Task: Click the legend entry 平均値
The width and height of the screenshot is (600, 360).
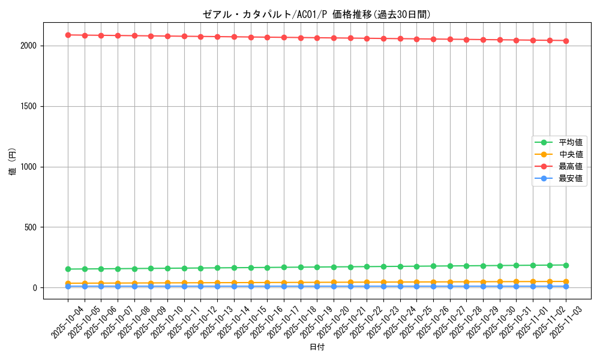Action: [x=571, y=142]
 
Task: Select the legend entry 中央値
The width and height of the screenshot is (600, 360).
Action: [x=571, y=154]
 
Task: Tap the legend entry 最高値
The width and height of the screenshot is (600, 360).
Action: [x=571, y=166]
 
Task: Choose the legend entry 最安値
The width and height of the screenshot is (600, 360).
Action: [x=571, y=178]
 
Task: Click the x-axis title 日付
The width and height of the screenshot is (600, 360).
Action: [x=317, y=347]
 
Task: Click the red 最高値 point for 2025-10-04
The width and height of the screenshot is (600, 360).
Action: [x=68, y=35]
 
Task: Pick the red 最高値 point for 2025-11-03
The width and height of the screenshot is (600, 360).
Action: [x=566, y=41]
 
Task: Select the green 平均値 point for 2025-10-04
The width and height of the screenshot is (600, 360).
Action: [x=68, y=269]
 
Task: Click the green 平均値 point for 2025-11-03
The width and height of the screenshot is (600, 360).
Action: [x=566, y=265]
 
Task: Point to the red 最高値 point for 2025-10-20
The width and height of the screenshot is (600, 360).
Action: [x=334, y=38]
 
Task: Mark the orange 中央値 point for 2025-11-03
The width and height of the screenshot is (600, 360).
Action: [x=566, y=281]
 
